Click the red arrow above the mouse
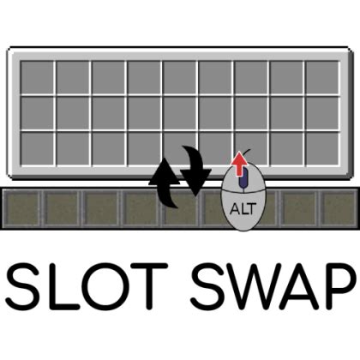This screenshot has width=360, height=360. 239,163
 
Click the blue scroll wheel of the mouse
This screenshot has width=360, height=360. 243,177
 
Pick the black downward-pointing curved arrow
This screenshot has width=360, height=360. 196,171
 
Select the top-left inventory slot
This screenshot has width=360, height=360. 37,77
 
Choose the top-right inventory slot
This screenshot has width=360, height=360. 322,77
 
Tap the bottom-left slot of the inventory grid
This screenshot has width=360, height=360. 37,148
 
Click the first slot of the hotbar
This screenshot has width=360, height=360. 22,208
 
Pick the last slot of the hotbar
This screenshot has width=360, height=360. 339,208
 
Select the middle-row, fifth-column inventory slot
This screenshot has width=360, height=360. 179,113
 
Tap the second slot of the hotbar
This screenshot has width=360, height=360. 62,208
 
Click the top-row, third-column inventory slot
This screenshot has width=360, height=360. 108,77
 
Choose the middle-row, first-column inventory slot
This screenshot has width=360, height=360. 37,113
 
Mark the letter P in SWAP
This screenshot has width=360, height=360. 340,286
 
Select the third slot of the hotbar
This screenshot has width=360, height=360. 101,208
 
